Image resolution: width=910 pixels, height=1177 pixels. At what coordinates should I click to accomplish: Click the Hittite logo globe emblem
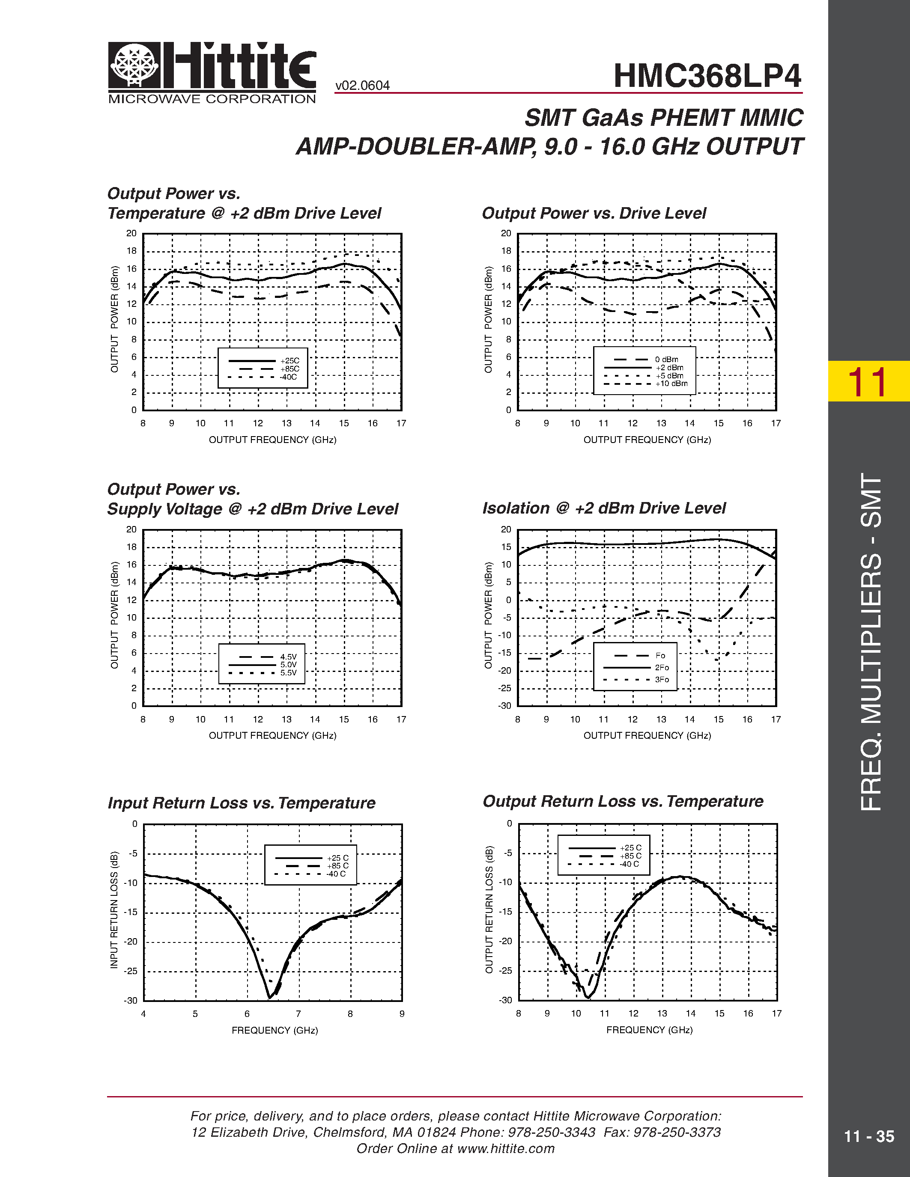tap(134, 65)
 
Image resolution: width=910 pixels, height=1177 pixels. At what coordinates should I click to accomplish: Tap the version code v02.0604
tap(362, 86)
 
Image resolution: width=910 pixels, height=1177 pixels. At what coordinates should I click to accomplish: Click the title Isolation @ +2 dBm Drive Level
tap(604, 508)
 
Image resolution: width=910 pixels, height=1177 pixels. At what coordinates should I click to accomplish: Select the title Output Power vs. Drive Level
tap(594, 214)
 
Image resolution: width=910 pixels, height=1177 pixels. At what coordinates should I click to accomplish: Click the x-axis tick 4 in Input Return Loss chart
tap(143, 1014)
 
